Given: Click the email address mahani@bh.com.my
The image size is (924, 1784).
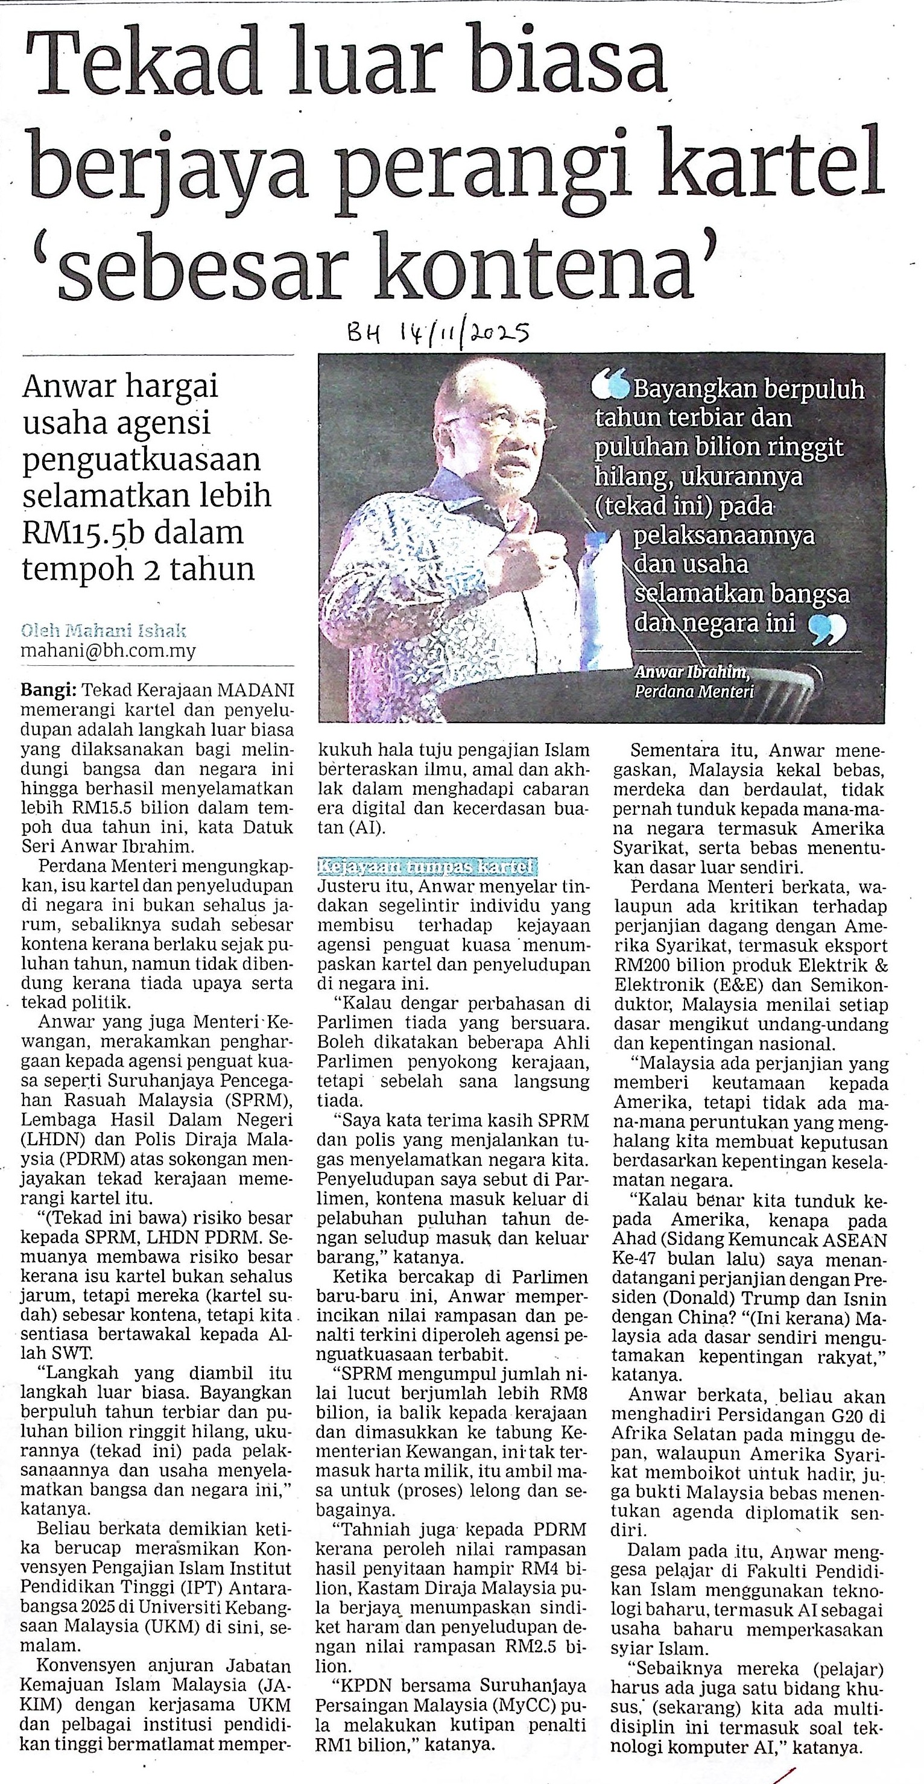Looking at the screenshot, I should (x=109, y=651).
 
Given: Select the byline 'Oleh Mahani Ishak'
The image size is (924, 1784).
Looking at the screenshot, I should (x=103, y=631).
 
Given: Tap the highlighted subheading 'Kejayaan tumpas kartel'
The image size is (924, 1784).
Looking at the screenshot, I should (x=426, y=867).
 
